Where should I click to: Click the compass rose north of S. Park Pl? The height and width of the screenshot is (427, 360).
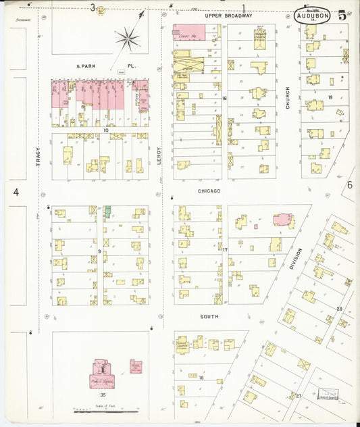(x=128, y=39)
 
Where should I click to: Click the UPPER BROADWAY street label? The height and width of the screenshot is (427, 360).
(x=229, y=15)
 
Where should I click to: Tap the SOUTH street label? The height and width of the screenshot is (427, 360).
(x=209, y=316)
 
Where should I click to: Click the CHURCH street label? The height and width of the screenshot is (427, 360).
(x=287, y=98)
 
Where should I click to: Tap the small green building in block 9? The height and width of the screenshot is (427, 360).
(x=107, y=211)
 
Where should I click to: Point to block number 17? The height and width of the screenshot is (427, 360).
(x=226, y=251)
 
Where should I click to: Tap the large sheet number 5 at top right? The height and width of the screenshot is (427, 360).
(x=342, y=15)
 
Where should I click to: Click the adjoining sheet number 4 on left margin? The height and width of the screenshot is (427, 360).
(x=15, y=193)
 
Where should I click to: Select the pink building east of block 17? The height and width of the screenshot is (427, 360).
(x=284, y=220)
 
